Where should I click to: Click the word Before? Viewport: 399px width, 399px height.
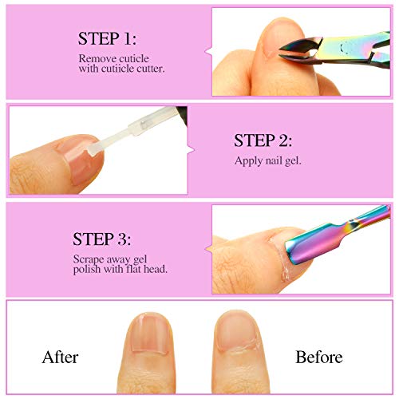318,356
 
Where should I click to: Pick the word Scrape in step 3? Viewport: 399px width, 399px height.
89,258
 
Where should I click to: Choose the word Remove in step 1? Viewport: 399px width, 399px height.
95,59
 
